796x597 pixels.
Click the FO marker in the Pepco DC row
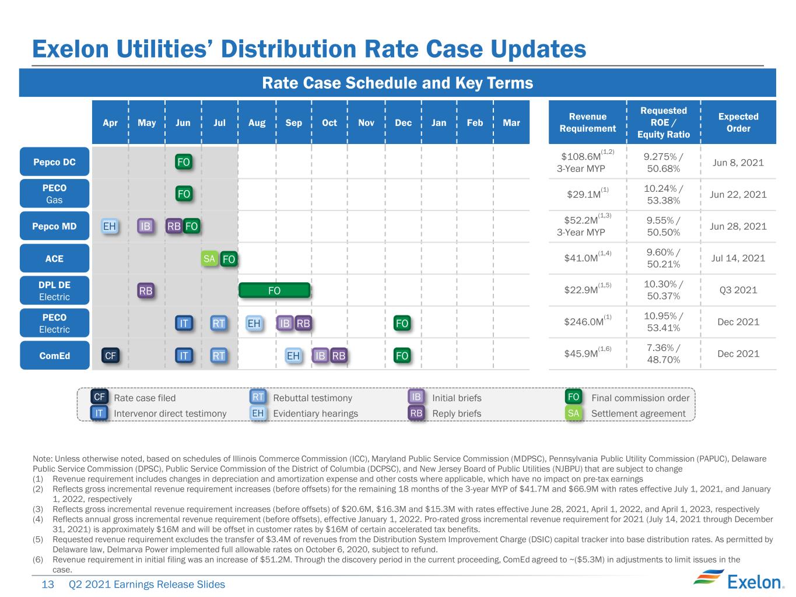(183, 161)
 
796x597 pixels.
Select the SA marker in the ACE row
(209, 259)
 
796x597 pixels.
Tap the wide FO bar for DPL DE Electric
(274, 290)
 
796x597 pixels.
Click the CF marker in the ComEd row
(110, 356)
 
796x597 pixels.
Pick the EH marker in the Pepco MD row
(109, 226)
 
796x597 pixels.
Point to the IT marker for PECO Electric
(184, 323)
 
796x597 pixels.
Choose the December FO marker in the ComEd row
(402, 356)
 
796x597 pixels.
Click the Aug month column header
(257, 123)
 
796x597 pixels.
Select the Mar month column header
(511, 123)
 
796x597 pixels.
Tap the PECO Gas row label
(54, 194)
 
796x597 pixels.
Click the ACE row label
(54, 258)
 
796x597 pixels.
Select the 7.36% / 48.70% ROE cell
(663, 353)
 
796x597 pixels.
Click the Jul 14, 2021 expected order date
(738, 258)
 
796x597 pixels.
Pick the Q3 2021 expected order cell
(738, 290)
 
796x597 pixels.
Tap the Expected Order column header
(738, 122)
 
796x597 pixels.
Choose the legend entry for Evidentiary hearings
(304, 413)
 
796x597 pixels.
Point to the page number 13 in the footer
(48, 584)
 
